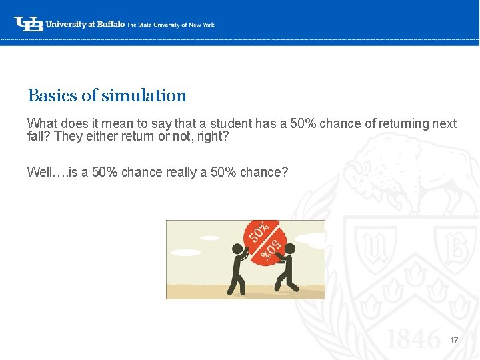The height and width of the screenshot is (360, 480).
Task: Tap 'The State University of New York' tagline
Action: point(171,25)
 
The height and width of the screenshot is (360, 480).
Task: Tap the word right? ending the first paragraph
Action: point(215,137)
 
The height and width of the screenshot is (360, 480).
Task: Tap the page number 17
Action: point(454,341)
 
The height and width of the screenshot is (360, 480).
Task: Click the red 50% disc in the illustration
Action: point(264,241)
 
